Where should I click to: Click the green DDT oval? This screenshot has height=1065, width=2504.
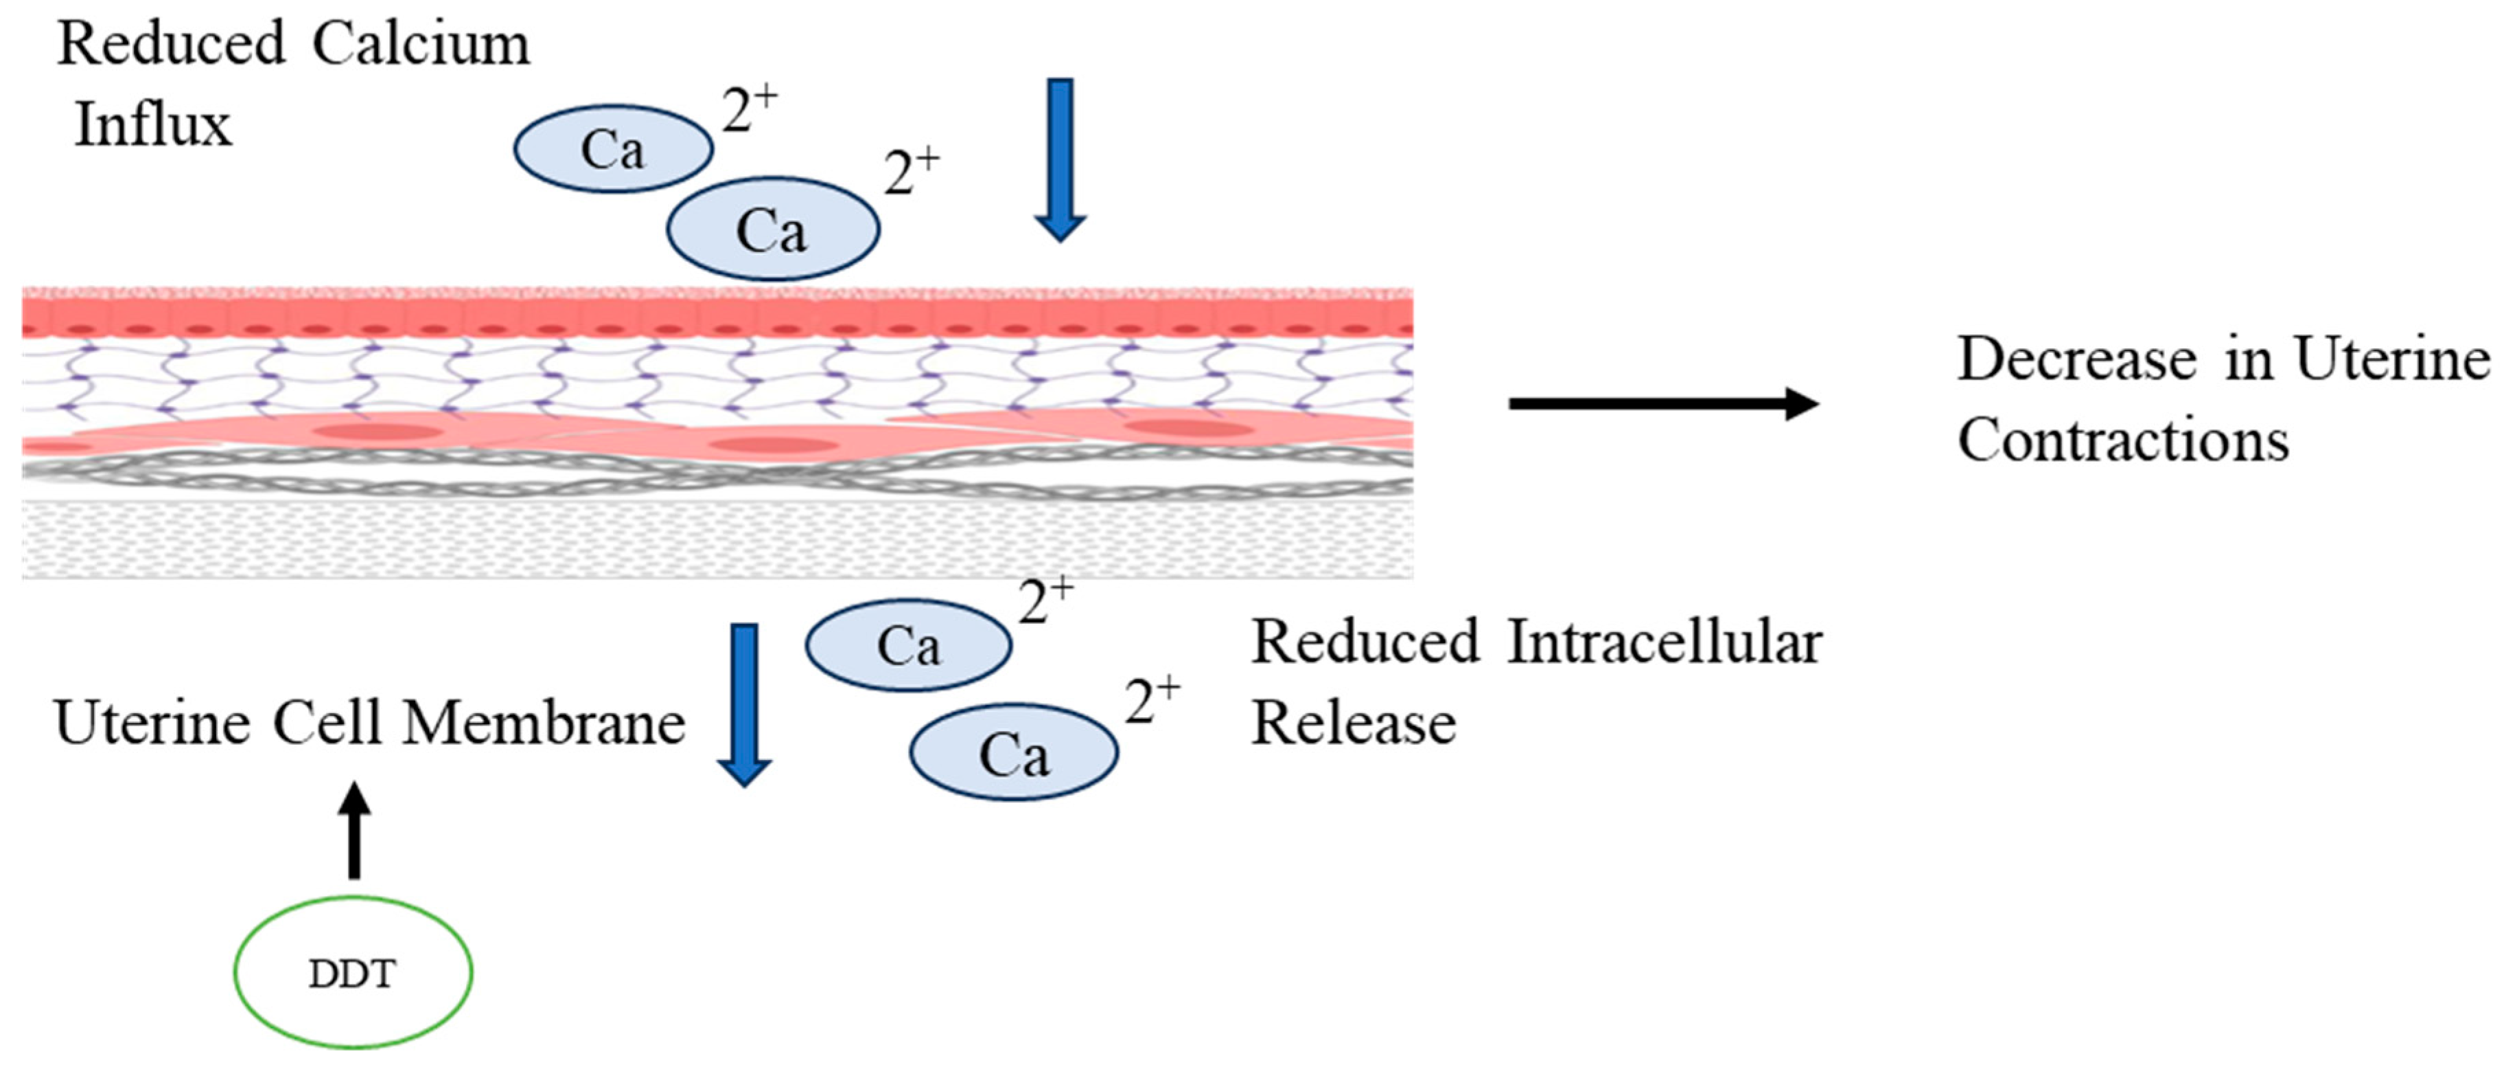pyautogui.click(x=353, y=972)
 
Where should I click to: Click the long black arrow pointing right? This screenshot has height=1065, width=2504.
pyautogui.click(x=1662, y=403)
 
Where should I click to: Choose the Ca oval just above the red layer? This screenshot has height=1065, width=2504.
pyautogui.click(x=773, y=229)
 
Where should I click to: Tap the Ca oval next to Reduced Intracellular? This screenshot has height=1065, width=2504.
pyautogui.click(x=909, y=644)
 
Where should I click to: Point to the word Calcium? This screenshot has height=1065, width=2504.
pyautogui.click(x=421, y=44)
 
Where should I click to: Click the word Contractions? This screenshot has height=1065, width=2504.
pyautogui.click(x=2123, y=440)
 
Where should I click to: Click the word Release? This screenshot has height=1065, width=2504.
pyautogui.click(x=1353, y=724)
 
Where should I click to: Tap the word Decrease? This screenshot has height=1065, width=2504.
pyautogui.click(x=2077, y=359)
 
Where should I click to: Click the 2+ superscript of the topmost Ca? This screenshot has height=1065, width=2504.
pyautogui.click(x=750, y=109)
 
